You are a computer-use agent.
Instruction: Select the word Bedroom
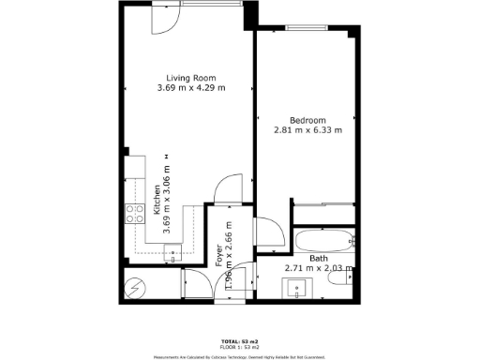coord(307,120)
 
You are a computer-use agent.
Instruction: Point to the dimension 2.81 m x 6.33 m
coord(307,130)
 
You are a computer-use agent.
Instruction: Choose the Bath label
coord(319,258)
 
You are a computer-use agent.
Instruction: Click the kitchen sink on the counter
coord(173,251)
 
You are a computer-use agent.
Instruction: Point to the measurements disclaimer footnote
coord(239,355)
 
